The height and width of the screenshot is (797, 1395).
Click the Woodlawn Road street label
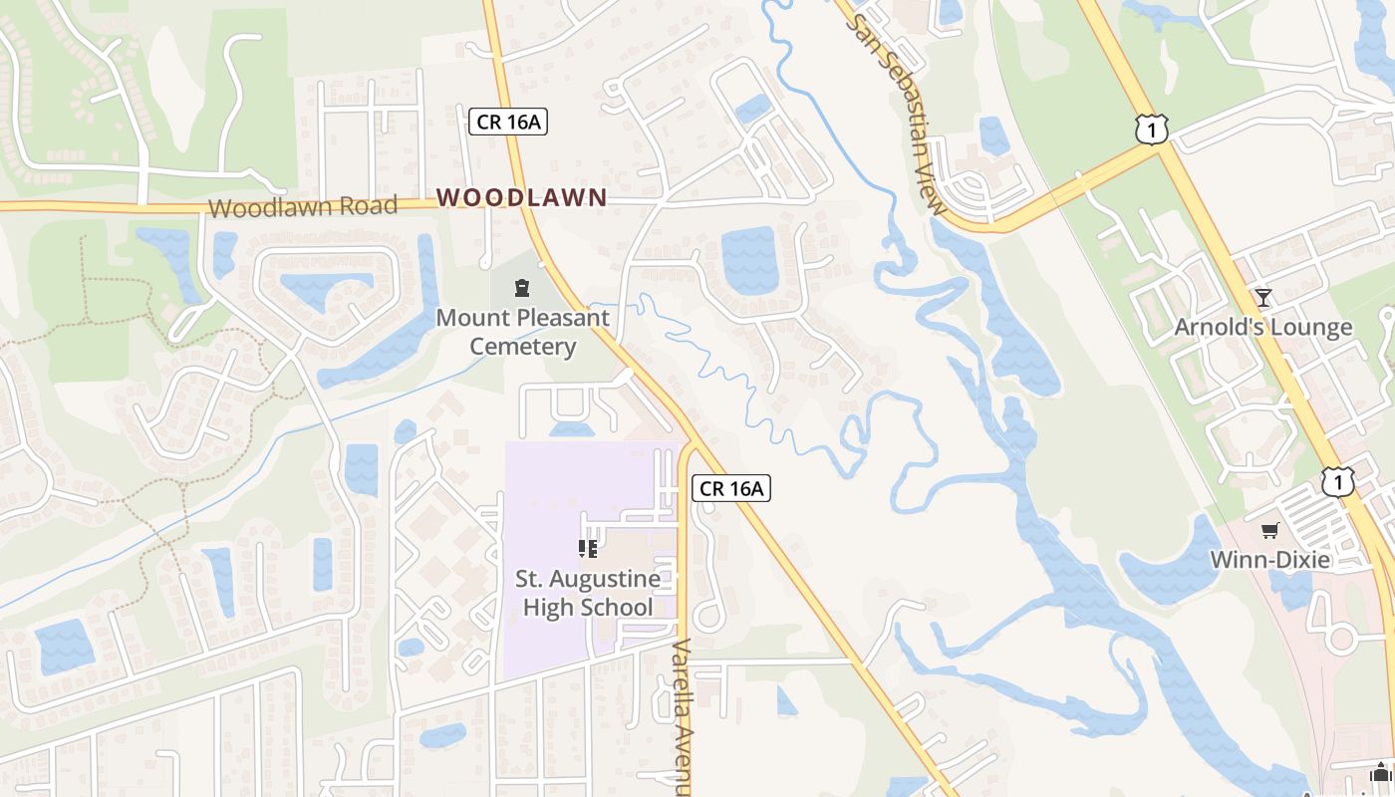303,206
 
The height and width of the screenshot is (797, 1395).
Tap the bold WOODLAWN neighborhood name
521,197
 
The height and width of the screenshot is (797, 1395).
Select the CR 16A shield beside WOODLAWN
508,122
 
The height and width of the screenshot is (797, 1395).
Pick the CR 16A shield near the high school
731,488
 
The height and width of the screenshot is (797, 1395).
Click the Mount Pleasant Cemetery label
522,333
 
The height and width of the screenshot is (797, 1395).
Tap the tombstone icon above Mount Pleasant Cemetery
521,289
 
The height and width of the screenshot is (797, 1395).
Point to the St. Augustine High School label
587,593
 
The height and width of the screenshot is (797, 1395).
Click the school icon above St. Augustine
587,549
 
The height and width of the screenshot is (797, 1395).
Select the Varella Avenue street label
682,717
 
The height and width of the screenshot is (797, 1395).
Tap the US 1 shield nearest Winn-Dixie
1338,482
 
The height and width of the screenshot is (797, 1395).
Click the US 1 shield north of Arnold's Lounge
1151,129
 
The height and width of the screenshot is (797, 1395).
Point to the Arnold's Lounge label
1262,327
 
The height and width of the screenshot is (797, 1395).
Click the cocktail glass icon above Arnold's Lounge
1263,297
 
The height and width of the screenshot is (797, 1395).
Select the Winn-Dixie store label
1269,560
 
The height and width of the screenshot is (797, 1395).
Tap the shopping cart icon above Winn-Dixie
1269,531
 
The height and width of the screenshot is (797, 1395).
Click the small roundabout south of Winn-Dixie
1341,636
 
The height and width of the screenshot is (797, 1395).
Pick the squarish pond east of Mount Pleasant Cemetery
748,261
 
